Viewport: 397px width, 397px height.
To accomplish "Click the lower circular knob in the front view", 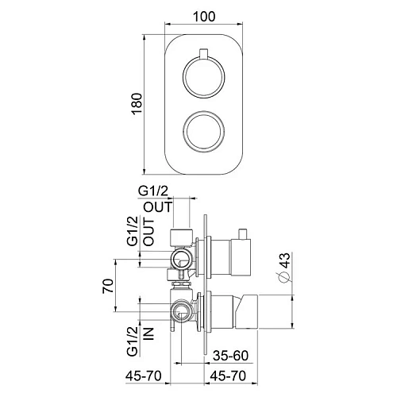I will [202, 129].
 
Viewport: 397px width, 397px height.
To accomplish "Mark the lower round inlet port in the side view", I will [182, 310].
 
